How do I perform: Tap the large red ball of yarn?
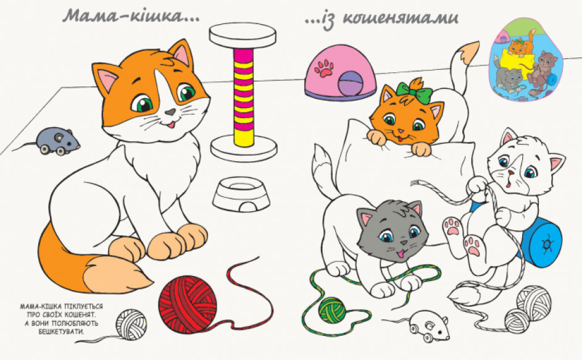pos(187,304)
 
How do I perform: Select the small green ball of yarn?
pos(332,310)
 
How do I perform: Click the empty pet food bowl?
pos(241,194)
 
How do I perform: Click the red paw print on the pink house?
pos(324,69)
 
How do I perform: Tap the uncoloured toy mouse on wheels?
pos(428,326)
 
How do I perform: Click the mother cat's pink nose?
pos(170,112)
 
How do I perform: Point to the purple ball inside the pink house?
pos(351,83)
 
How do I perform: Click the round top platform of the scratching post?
pos(243,36)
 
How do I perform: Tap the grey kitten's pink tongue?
pos(400,254)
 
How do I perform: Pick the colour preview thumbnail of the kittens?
pos(526,59)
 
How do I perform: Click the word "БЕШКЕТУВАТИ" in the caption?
pos(61,331)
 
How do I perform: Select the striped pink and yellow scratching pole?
pos(244,97)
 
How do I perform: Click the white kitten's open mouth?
pos(509,183)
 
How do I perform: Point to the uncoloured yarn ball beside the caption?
pos(131,324)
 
